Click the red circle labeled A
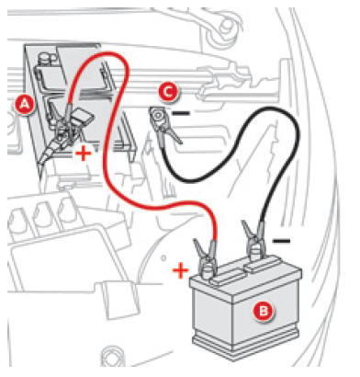24,105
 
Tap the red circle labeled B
263,312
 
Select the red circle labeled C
167,92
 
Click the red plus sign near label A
84,153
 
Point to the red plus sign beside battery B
180,270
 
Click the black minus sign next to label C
181,113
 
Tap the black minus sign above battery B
281,241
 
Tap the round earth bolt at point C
157,116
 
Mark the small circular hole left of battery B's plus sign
163,258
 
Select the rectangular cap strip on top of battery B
263,266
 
